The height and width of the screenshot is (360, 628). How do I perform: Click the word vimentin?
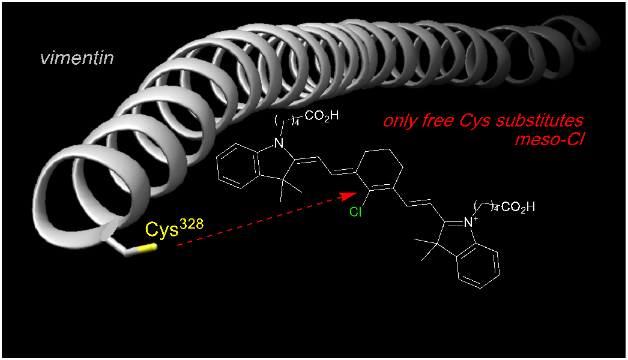pyautogui.click(x=77, y=58)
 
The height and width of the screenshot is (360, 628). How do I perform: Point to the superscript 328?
pyautogui.click(x=192, y=223)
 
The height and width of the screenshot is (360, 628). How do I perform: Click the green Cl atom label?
pyautogui.click(x=355, y=212)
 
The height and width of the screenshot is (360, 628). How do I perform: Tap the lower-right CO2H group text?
pyautogui.click(x=517, y=208)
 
